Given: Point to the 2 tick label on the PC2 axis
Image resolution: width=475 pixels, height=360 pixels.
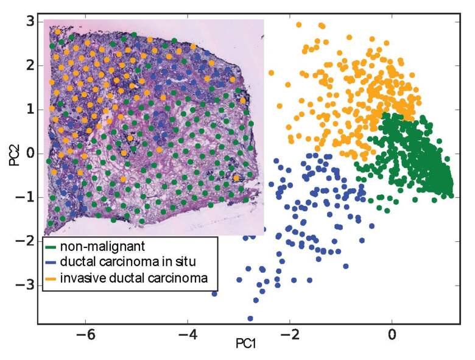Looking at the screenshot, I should click(28, 66).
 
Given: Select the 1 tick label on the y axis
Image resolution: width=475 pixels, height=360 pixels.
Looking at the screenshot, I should click(28, 110).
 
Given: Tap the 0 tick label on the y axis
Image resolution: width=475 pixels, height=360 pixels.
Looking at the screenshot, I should click(28, 153).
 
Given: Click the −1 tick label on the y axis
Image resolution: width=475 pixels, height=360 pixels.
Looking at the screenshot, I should click(25, 197).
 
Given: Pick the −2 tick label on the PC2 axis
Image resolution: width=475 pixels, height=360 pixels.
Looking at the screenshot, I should click(25, 241).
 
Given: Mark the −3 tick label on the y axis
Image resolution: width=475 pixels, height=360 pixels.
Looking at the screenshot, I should click(25, 284).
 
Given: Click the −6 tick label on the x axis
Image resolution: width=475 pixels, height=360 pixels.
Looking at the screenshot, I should click(85, 334).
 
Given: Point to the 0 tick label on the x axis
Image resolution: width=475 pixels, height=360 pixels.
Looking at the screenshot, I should click(392, 334).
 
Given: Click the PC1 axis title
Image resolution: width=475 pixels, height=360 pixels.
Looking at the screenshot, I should click(245, 345).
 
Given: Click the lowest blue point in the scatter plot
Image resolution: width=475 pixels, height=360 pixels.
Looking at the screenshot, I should click(250, 318).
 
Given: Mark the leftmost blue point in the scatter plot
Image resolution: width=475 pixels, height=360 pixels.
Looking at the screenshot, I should click(214, 294).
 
